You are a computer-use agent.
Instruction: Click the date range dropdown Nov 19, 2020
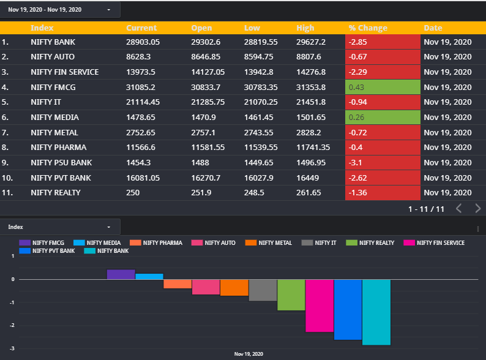click(x=59, y=10)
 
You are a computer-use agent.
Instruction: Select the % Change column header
click(x=368, y=28)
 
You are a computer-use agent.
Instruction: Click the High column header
click(x=305, y=28)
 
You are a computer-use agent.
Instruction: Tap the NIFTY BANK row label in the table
click(x=53, y=42)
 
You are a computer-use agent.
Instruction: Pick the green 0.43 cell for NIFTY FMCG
click(x=383, y=87)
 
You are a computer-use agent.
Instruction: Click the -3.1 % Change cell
click(x=383, y=162)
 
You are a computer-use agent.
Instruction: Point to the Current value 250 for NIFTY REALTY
click(x=133, y=193)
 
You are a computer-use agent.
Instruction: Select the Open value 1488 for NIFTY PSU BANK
click(x=200, y=162)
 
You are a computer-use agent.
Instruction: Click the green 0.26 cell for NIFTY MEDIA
click(x=383, y=117)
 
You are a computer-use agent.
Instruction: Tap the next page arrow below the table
click(x=478, y=209)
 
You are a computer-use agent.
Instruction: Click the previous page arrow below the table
click(x=458, y=209)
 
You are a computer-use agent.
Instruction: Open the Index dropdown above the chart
click(x=59, y=227)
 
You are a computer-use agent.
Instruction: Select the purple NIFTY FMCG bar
click(x=121, y=274)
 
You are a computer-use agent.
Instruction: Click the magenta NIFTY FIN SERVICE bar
click(x=320, y=306)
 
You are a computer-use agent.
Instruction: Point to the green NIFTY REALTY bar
click(x=291, y=294)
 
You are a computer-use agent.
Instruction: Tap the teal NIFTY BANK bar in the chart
click(x=376, y=312)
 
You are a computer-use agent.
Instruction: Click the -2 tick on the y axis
click(x=12, y=325)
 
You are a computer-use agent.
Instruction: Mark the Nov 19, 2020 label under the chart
click(x=249, y=354)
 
